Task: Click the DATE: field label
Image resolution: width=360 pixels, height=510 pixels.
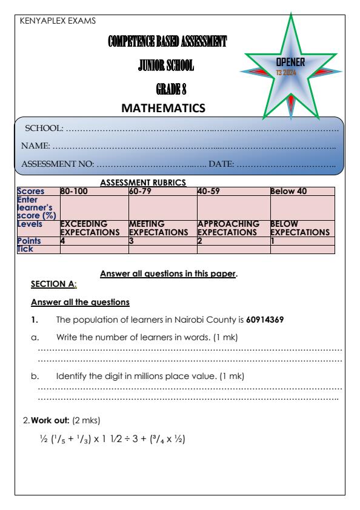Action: point(221,164)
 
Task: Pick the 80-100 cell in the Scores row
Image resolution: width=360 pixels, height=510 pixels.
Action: point(73,192)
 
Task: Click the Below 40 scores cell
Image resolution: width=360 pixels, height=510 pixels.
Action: point(288,192)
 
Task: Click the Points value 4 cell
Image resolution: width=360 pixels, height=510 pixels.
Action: point(63,241)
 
